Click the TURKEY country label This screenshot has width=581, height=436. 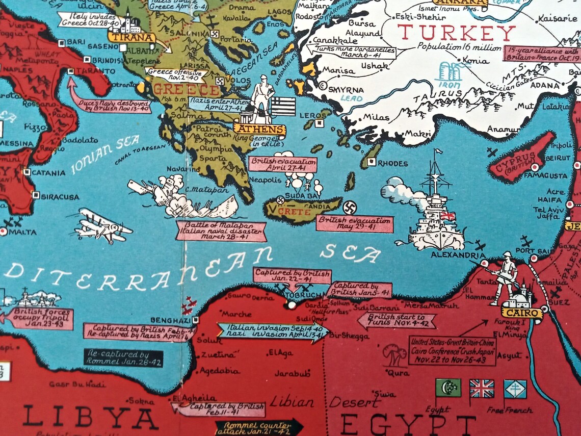pos(456,33)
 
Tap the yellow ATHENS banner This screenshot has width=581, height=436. pos(259,130)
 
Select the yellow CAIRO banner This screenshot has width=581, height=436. pos(521,312)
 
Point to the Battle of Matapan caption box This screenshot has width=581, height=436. pos(221,230)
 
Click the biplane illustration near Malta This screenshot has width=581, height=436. pos(102,226)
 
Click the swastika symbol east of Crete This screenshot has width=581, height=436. pos(349,208)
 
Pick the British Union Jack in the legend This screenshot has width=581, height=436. pos(481,388)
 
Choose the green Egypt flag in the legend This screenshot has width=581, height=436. pos(448,388)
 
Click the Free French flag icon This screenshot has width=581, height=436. pos(515,389)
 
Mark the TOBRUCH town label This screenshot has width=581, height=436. pos(304,295)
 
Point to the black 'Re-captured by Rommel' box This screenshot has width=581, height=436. pos(123,357)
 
